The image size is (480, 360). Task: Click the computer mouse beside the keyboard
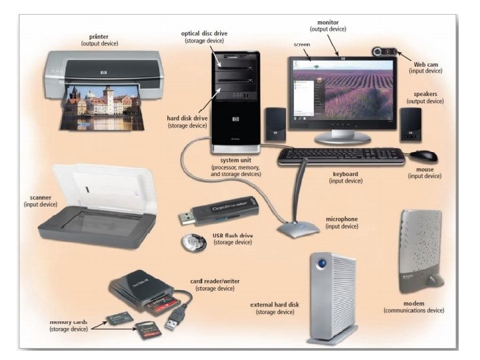tap(423, 156)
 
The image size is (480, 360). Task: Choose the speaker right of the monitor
tap(410, 125)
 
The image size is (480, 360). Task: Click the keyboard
tap(341, 157)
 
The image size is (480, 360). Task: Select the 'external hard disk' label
tap(275, 305)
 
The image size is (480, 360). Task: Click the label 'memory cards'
tap(70, 322)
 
